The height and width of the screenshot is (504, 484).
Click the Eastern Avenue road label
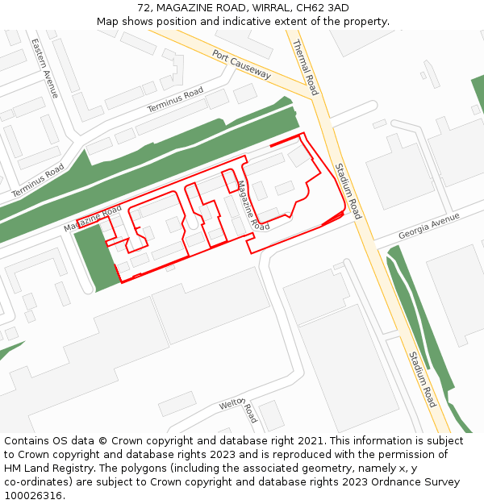(45, 68)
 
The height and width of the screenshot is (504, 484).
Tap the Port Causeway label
(242, 65)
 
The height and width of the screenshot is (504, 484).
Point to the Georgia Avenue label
(428, 226)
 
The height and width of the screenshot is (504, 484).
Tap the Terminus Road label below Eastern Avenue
(38, 181)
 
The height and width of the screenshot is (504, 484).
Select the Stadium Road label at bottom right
(421, 379)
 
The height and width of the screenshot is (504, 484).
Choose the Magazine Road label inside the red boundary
(252, 206)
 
